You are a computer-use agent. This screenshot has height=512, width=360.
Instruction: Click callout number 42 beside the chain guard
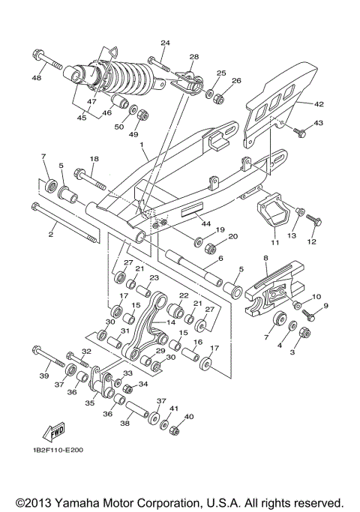tap(318, 104)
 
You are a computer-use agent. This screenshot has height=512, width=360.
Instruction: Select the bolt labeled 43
tap(301, 133)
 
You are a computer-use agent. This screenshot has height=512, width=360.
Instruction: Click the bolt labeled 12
tap(316, 219)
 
